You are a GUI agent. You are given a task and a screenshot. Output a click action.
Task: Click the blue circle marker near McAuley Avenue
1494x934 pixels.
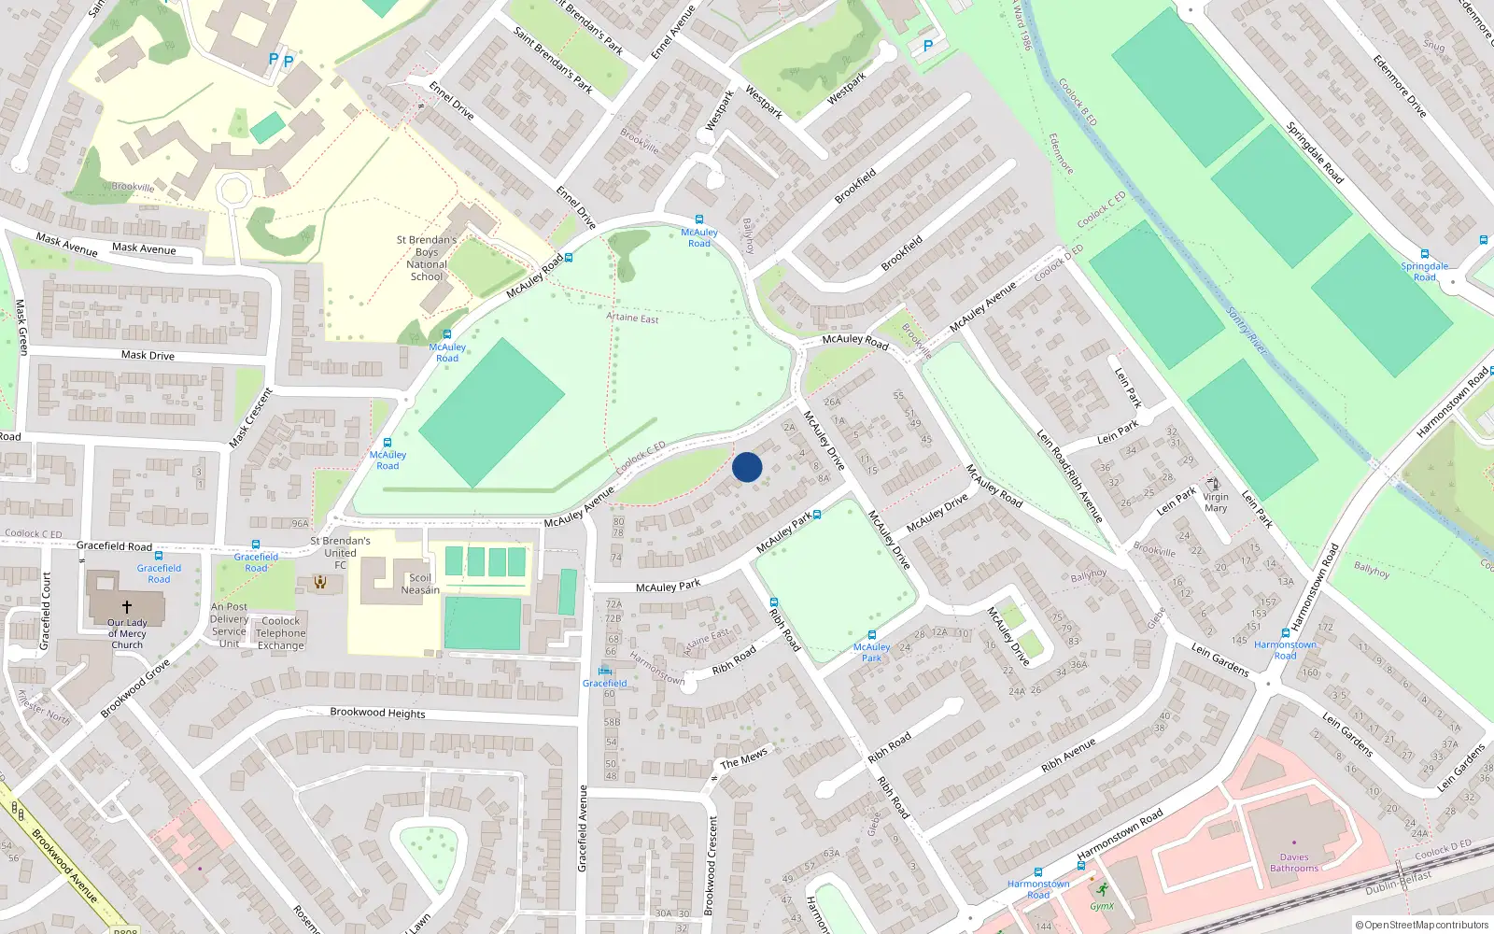point(747,467)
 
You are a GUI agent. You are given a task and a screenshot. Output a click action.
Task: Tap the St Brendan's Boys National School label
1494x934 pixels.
point(427,258)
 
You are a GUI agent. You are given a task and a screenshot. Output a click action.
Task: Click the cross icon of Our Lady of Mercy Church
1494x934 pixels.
point(127,607)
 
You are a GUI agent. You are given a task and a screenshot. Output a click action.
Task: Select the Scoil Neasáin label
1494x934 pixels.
point(420,584)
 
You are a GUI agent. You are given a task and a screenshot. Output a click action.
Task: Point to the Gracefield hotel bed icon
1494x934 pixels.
point(605,671)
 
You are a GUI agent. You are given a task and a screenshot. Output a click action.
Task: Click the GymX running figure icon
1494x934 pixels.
point(1103,890)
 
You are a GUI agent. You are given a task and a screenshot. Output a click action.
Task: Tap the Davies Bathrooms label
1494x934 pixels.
point(1294,862)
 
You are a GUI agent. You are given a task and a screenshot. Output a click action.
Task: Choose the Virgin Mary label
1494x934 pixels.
point(1215,502)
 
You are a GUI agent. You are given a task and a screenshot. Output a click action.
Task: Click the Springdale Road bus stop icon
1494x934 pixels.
point(1424,254)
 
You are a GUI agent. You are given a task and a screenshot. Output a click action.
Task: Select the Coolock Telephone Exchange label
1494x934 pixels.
point(281,633)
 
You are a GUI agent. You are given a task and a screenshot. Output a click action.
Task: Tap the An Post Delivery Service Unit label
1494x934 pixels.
point(229,625)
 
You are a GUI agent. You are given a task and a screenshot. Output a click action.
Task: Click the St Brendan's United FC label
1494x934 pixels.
point(340,552)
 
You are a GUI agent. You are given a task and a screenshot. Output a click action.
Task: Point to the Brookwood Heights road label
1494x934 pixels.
point(377,713)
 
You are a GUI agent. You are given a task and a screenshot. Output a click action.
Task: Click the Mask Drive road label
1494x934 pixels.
point(148,355)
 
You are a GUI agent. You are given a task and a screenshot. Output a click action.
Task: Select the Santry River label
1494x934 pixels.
point(1247,331)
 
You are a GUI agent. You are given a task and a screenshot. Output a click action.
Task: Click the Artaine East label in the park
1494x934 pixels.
point(632,318)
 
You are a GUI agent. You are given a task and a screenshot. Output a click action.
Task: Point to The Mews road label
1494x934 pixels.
point(743,757)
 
